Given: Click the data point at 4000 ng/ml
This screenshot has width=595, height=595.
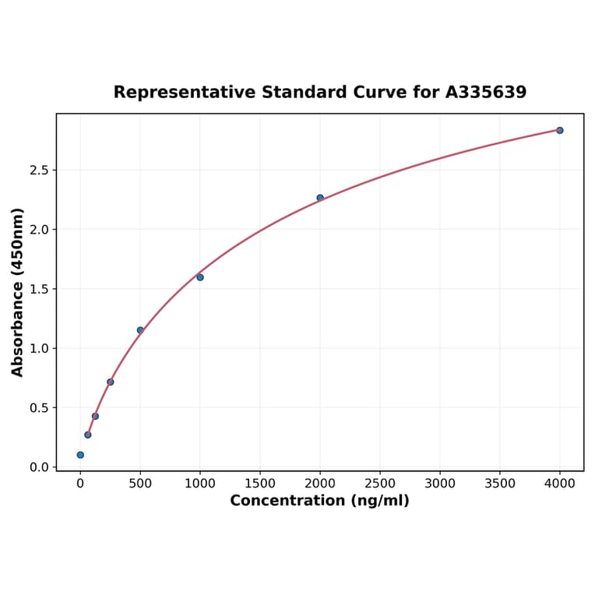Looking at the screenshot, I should pyautogui.click(x=559, y=130).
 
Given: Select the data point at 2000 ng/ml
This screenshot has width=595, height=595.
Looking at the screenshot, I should pyautogui.click(x=320, y=198).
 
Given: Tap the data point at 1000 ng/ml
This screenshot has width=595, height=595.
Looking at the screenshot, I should pyautogui.click(x=200, y=277).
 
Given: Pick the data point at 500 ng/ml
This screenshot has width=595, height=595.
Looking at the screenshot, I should pyautogui.click(x=140, y=330).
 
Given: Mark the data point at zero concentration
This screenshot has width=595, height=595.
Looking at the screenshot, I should pyautogui.click(x=80, y=455).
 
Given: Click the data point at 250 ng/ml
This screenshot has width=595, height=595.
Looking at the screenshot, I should pyautogui.click(x=110, y=382).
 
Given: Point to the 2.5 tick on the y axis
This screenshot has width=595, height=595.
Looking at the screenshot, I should pyautogui.click(x=40, y=171).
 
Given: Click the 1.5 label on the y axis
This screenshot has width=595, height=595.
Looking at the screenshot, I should pyautogui.click(x=40, y=290).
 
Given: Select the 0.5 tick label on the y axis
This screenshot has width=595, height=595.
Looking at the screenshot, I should pyautogui.click(x=40, y=408).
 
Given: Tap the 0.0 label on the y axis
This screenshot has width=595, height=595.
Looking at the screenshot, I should pyautogui.click(x=40, y=467).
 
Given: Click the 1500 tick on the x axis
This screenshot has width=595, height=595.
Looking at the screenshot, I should pyautogui.click(x=260, y=484).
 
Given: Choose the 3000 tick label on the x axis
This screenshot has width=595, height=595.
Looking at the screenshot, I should pyautogui.click(x=440, y=484).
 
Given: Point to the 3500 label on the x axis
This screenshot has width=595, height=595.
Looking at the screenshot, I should pyautogui.click(x=500, y=484).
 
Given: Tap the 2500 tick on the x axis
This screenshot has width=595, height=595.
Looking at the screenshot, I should pyautogui.click(x=380, y=484).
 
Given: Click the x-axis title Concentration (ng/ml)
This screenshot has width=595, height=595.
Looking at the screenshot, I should pyautogui.click(x=319, y=501).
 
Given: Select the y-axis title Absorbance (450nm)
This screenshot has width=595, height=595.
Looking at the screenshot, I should pyautogui.click(x=18, y=292).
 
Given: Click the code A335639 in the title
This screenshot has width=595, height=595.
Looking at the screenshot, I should pyautogui.click(x=486, y=93).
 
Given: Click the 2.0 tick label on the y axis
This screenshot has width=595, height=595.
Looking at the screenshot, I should pyautogui.click(x=40, y=230).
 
